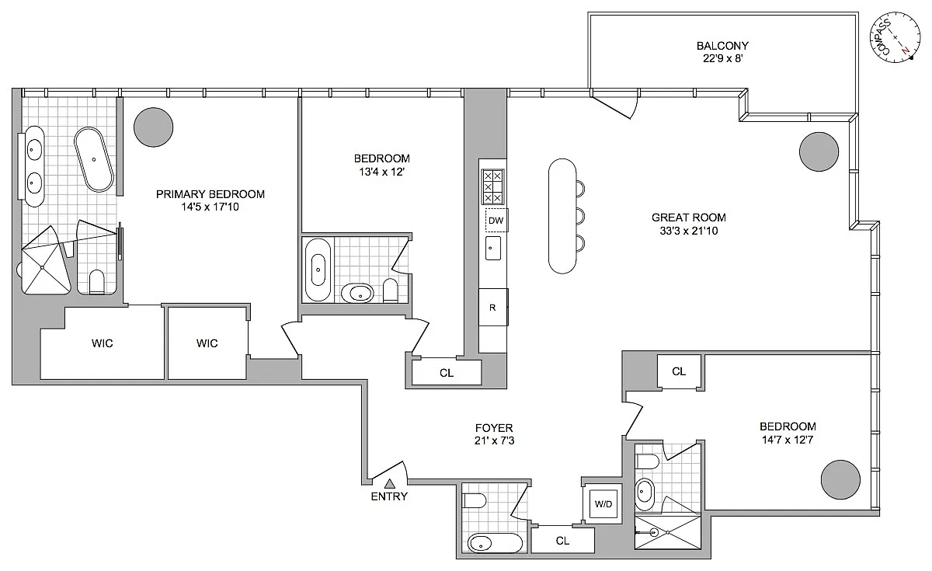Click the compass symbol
coord(895,38)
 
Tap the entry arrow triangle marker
coord(389,483)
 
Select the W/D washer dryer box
coord(603,504)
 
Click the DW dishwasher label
coord(496,221)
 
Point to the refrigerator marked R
coord(492,308)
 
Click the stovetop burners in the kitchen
coord(492,186)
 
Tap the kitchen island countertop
coord(562,216)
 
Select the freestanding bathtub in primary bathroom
coord(94,159)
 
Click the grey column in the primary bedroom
coord(154,127)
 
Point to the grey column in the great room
coord(819,152)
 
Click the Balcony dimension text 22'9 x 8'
coord(723,59)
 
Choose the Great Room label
coord(689,218)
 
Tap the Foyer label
coord(494,428)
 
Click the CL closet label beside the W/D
coord(562,541)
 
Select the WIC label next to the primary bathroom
coord(102,343)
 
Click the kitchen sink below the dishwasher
coord(493,249)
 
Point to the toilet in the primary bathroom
coord(97,282)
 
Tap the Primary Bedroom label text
coord(210,194)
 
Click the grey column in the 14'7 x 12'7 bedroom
coord(840,479)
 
